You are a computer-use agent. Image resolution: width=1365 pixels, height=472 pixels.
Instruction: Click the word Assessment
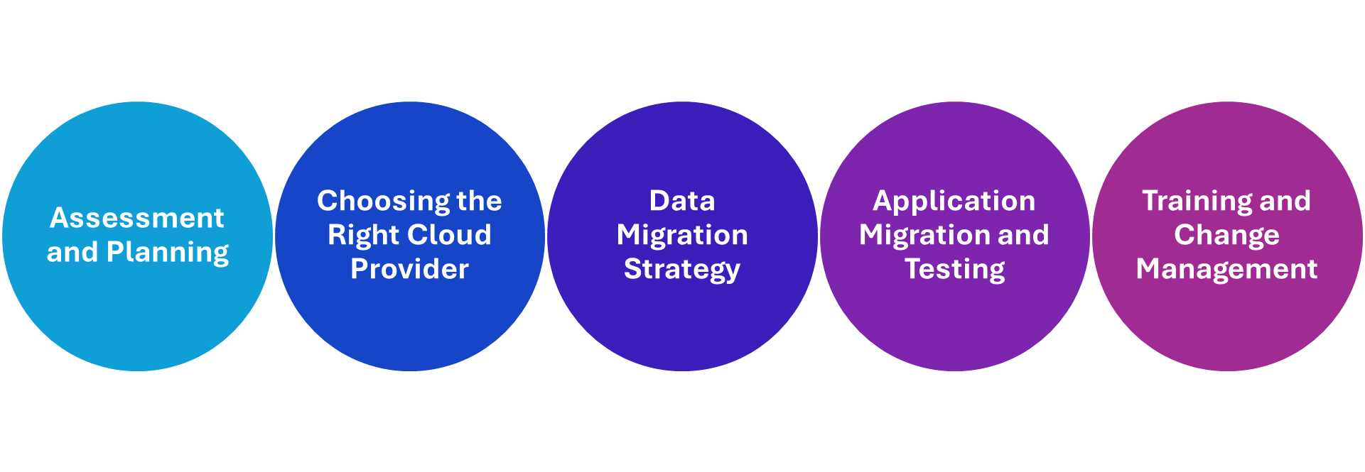[137, 218]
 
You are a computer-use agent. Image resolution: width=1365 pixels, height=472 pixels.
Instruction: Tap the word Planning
[168, 253]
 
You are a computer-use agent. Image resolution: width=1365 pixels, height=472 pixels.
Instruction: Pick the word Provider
[409, 269]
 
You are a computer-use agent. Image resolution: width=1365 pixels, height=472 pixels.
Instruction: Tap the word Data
[682, 201]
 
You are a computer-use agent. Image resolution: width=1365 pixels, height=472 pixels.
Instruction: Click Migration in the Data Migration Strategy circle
[682, 235]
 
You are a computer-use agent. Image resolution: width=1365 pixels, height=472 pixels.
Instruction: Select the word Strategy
[682, 270]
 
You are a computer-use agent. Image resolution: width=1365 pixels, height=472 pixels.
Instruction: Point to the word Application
[954, 202]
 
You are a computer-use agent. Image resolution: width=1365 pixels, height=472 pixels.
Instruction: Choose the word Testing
[954, 270]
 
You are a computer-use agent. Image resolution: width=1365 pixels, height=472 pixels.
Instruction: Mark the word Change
[1226, 236]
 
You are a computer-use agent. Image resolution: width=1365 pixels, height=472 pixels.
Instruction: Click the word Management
[1226, 270]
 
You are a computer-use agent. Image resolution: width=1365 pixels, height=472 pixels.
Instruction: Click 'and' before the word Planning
[72, 253]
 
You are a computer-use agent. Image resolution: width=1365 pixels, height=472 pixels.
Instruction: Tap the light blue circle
[137, 319]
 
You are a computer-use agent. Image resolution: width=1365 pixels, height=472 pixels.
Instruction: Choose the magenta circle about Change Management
[1226, 326]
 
